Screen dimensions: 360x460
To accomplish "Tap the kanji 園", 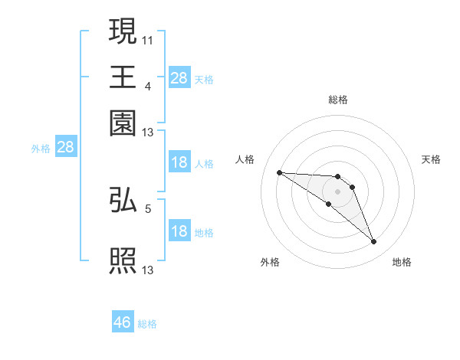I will point(123,123).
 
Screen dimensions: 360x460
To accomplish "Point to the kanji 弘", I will point(123,200).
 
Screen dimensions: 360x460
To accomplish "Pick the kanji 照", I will point(123,261).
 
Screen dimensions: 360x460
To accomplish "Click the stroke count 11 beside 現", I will point(148,40).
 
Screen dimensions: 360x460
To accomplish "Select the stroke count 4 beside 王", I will point(147,86).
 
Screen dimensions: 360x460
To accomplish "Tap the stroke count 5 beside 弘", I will point(148,208).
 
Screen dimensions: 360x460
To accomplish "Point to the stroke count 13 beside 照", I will point(148,270).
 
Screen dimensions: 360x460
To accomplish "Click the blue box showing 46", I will point(123,322).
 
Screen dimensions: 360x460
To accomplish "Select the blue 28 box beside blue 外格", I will point(65,148).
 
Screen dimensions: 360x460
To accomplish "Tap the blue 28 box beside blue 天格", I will point(179,78).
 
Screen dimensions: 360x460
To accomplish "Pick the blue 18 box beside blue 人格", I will point(179,162).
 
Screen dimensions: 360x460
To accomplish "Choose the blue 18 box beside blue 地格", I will point(179,231).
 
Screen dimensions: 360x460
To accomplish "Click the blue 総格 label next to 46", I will point(147,324).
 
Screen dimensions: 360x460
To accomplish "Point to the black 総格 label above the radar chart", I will point(337,100).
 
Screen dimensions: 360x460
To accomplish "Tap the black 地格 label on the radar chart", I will point(402,263).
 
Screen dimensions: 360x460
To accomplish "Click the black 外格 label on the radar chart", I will point(270,263).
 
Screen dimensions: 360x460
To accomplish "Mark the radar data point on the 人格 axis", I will point(280,172).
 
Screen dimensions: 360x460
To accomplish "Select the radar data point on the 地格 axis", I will point(374,242).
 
